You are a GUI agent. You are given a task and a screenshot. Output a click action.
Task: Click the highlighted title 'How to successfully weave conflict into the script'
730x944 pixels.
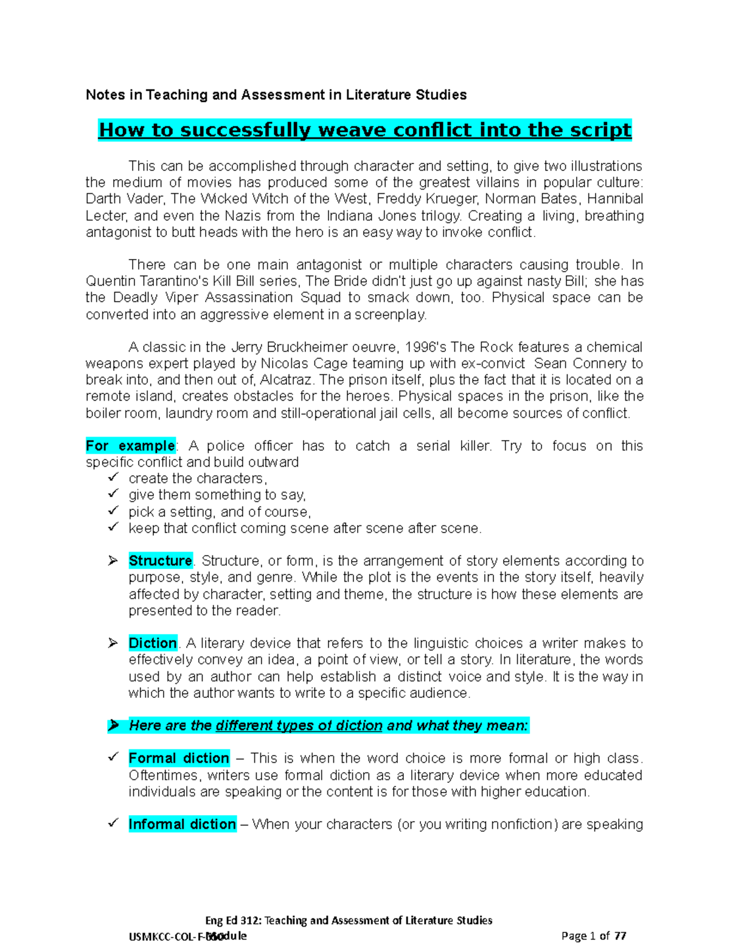[x=365, y=130]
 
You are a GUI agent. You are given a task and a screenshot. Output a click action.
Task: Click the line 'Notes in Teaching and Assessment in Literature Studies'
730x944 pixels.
[x=276, y=95]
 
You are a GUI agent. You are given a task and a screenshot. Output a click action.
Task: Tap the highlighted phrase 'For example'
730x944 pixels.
[x=130, y=446]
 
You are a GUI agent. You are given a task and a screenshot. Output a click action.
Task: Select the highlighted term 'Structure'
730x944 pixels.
[x=160, y=560]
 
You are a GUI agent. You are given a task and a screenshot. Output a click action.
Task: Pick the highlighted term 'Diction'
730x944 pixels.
[x=152, y=643]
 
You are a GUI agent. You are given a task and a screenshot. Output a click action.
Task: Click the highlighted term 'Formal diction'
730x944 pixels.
[x=179, y=758]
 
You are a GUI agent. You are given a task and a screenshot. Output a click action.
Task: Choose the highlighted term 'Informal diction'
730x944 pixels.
[x=182, y=824]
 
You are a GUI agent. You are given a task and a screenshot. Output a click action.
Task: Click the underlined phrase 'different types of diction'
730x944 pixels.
[x=299, y=725]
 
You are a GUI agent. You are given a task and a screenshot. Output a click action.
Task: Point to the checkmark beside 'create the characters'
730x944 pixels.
[x=113, y=478]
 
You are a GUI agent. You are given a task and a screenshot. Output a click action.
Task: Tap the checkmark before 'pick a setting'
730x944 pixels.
[x=113, y=511]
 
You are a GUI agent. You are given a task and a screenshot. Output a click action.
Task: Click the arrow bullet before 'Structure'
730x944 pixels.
[x=113, y=560]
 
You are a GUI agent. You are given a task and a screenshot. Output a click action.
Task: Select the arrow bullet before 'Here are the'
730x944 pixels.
[x=113, y=725]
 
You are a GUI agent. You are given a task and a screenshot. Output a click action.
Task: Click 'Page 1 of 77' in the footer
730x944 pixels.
[x=594, y=935]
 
